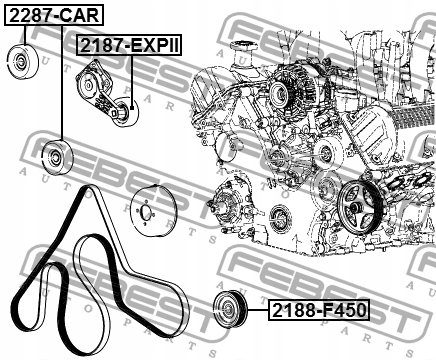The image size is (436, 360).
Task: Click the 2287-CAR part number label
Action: coord(54,16)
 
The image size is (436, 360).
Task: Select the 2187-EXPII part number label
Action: coord(129,45)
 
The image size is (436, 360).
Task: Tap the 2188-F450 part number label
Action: coord(319,310)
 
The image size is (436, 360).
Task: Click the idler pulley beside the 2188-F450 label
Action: coord(230,309)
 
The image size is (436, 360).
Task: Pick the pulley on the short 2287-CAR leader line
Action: coord(22,62)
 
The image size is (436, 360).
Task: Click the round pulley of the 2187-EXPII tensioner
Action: coord(123,112)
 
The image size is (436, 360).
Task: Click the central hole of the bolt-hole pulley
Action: coord(146,212)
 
